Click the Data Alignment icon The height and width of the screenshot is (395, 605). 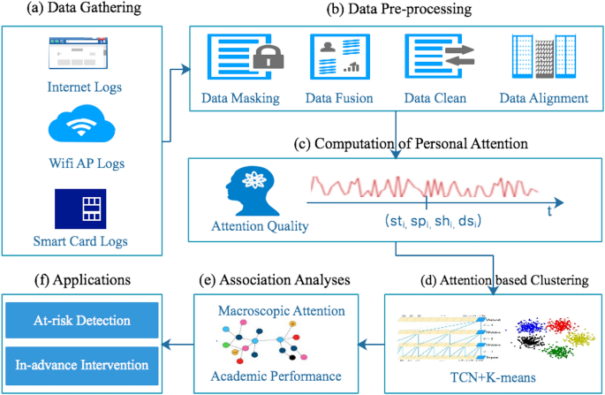(x=541, y=55)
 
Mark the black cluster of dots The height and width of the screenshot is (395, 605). (x=529, y=340)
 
